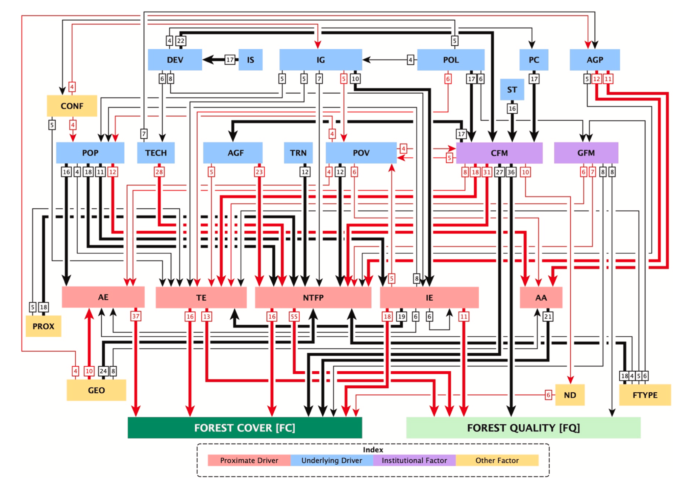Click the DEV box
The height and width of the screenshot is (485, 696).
175,60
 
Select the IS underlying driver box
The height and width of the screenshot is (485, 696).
250,60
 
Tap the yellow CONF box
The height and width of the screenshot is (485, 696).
72,106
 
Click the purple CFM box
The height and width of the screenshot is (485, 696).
499,153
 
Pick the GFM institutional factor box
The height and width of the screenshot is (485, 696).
586,153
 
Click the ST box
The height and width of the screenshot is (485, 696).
512,89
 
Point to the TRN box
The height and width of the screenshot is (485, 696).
298,153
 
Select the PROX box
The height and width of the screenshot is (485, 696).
43,326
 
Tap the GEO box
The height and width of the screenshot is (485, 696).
96,390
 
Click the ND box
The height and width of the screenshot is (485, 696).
570,395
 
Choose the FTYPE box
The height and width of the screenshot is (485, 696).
645,395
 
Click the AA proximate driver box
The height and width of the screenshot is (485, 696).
541,297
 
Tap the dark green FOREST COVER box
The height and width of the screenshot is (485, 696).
245,427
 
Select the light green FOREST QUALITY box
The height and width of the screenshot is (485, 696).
523,427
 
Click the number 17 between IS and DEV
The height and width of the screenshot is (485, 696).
230,60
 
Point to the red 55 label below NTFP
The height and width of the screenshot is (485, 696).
294,316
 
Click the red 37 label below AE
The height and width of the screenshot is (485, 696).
136,316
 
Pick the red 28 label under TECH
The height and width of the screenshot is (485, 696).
159,172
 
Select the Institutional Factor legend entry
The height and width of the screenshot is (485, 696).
414,460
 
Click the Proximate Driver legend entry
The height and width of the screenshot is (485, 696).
249,460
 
